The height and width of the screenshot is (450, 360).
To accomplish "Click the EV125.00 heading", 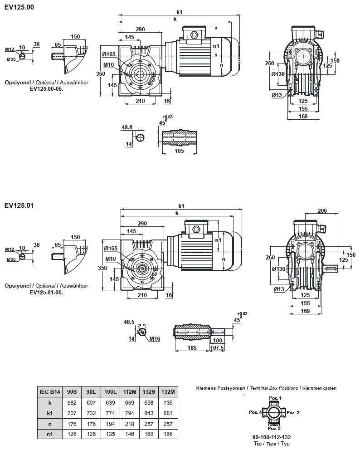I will (x=19, y=7).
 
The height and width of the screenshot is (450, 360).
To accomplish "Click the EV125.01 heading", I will (x=19, y=205).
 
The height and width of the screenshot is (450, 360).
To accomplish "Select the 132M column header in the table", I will (x=168, y=391).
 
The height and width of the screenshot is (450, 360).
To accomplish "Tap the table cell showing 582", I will (x=72, y=402).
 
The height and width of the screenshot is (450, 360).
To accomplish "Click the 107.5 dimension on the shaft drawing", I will (x=218, y=348).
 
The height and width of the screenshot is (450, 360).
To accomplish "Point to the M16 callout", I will (x=155, y=338).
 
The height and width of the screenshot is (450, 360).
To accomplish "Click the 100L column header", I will (x=110, y=391).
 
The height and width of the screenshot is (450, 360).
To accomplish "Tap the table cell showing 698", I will (x=149, y=402).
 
